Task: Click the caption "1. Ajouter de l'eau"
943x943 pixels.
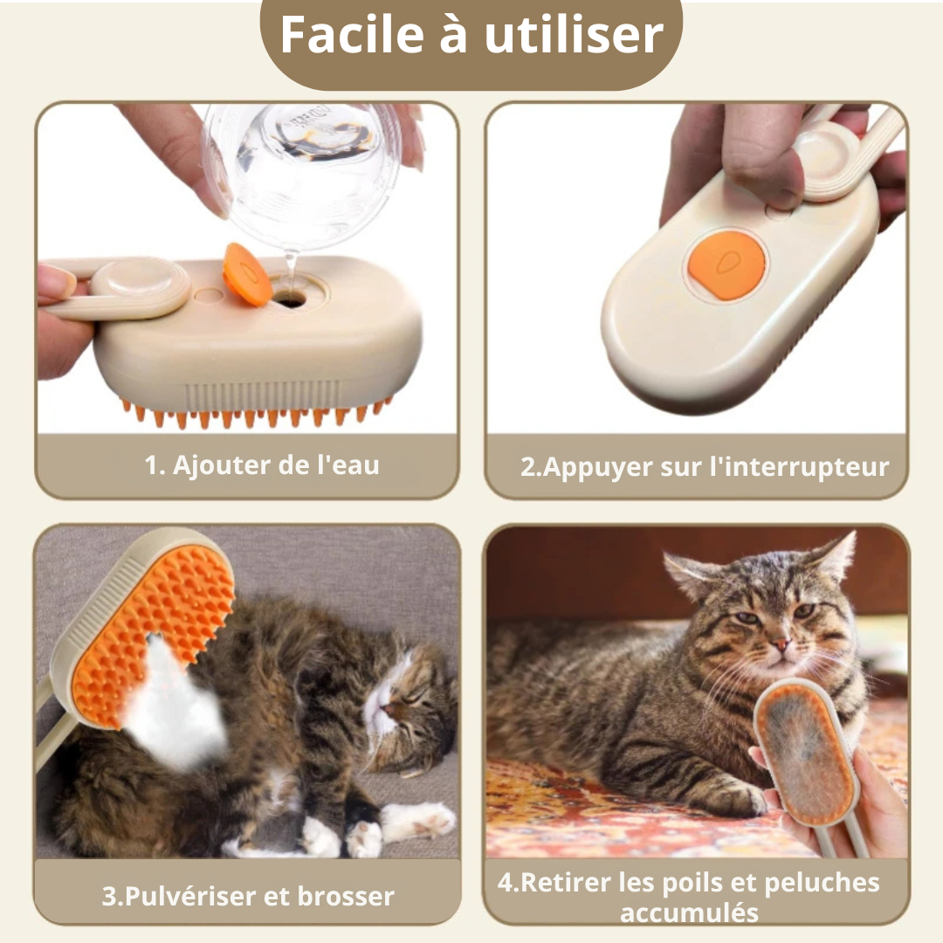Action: [x=262, y=465]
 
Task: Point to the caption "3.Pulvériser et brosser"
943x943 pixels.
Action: [x=248, y=896]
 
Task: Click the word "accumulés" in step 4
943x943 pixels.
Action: [x=689, y=913]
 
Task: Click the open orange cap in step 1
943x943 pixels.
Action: [x=246, y=274]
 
